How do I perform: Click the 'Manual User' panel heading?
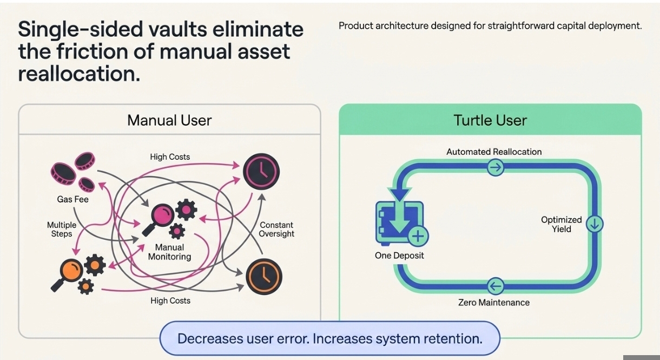pyautogui.click(x=169, y=120)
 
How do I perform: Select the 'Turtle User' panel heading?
pyautogui.click(x=490, y=120)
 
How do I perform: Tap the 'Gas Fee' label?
pyautogui.click(x=72, y=199)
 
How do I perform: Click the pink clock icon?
pyautogui.click(x=261, y=172)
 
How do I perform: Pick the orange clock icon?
pyautogui.click(x=264, y=276)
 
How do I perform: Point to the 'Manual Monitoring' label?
pyautogui.click(x=169, y=252)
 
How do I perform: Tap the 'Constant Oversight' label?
pyautogui.click(x=276, y=229)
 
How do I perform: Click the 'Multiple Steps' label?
pyautogui.click(x=62, y=229)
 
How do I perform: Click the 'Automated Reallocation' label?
pyautogui.click(x=494, y=152)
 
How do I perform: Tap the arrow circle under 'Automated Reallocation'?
pyautogui.click(x=496, y=168)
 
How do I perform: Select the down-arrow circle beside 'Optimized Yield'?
pyautogui.click(x=595, y=224)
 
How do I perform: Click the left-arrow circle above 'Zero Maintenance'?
pyautogui.click(x=496, y=285)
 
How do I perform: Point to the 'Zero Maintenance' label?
pyautogui.click(x=494, y=302)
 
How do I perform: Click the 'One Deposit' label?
pyautogui.click(x=399, y=256)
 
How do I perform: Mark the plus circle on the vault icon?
pyautogui.click(x=418, y=237)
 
